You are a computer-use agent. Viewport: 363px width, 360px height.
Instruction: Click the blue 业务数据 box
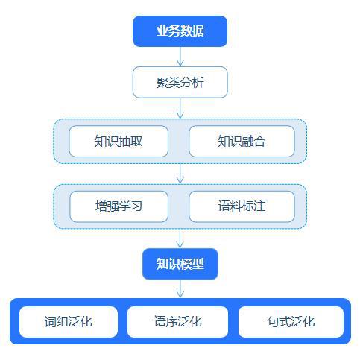tap(180, 31)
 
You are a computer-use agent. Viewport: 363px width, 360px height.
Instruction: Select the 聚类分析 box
tap(180, 82)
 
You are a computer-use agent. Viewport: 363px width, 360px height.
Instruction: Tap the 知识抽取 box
tap(119, 141)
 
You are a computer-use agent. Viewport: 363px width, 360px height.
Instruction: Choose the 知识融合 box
tap(242, 141)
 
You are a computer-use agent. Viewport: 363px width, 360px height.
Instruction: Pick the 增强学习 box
tap(119, 206)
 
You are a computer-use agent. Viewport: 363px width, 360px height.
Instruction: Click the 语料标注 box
tap(242, 206)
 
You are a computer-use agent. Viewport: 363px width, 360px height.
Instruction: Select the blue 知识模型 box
tap(180, 264)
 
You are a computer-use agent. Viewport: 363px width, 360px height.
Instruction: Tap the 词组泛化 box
tap(69, 322)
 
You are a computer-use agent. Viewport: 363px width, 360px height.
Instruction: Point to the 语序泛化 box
tap(177, 322)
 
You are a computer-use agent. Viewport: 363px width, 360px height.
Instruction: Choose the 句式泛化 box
tap(291, 322)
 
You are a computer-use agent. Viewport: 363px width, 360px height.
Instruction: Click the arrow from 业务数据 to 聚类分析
tap(180, 57)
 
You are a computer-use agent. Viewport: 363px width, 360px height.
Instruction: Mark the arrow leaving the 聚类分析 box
tap(180, 108)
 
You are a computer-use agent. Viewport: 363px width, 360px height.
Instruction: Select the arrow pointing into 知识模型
tap(180, 239)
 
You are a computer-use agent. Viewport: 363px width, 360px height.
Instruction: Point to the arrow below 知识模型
tap(180, 288)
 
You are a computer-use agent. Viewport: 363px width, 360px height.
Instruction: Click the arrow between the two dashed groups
tap(180, 174)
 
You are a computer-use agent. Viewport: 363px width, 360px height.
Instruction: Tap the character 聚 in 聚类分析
tap(162, 82)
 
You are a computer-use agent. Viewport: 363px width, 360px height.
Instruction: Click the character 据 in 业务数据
tap(198, 31)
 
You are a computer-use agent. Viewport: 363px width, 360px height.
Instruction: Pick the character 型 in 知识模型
tap(198, 264)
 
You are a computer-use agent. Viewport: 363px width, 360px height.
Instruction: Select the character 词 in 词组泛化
tap(51, 322)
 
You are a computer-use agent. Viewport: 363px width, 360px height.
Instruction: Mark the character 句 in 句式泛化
tap(274, 322)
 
